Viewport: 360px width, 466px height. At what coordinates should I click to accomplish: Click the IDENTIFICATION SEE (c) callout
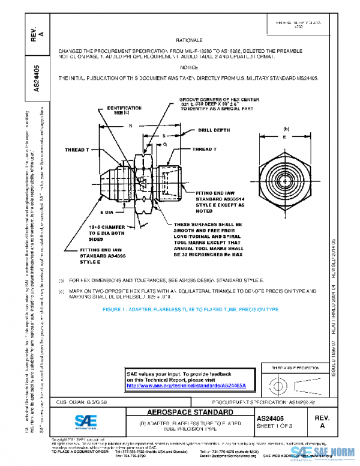[124, 110]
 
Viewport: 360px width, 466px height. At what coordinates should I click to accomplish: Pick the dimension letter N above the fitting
[130, 126]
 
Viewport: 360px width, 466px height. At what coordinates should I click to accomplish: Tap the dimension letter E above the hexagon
[284, 137]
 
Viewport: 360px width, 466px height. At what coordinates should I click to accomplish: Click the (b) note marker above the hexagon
[286, 128]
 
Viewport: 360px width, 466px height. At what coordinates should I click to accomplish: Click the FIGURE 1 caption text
[190, 309]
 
